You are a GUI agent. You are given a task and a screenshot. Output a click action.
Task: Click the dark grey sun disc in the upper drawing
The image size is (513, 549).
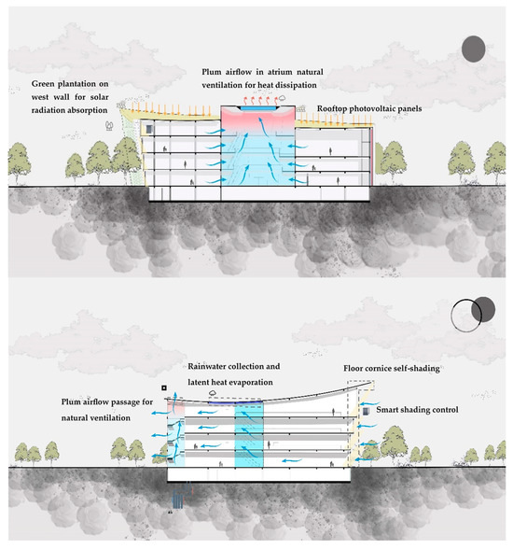[x=474, y=48]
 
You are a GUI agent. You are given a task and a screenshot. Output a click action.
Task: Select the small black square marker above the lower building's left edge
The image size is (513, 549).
[x=162, y=387]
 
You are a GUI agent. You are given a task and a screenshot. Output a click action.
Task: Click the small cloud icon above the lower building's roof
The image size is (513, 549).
[x=213, y=394]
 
